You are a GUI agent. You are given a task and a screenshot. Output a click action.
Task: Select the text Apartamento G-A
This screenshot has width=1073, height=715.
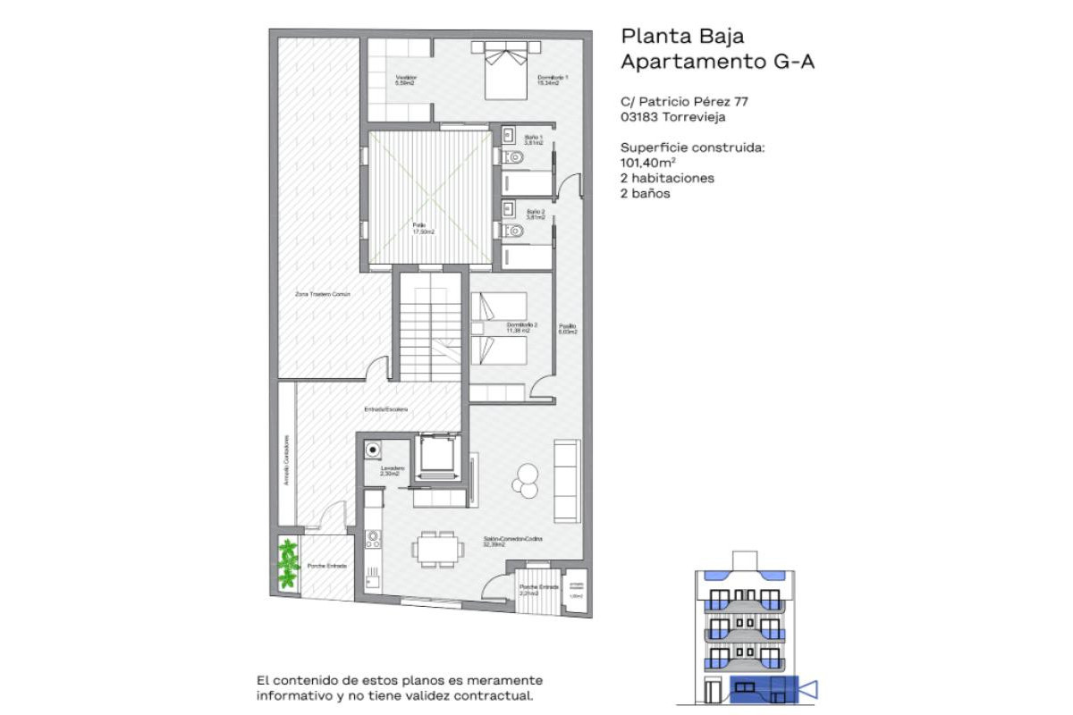[718, 62]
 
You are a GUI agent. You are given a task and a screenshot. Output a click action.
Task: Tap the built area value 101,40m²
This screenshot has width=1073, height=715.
[647, 163]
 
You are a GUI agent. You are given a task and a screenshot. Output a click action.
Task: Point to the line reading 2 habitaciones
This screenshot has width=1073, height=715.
[667, 178]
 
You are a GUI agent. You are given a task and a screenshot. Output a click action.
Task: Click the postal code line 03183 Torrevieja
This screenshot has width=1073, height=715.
[672, 116]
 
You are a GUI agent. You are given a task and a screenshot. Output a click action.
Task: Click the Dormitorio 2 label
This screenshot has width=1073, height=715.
[521, 326]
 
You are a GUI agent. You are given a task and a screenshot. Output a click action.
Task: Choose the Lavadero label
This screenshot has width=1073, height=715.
[393, 470]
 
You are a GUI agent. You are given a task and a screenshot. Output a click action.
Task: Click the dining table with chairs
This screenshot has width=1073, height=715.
[435, 548]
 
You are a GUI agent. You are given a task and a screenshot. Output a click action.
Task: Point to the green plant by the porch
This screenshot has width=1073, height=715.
[287, 563]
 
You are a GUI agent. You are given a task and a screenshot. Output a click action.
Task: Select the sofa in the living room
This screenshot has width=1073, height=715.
[567, 481]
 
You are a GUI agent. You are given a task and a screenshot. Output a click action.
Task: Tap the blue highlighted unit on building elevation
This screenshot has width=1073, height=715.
[762, 689]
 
